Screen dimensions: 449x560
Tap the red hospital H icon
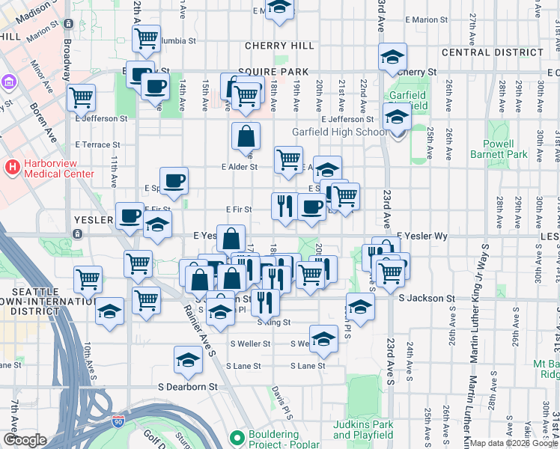point(12,168)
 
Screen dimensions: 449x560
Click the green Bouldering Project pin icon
point(237,437)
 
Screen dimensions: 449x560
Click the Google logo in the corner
point(25,440)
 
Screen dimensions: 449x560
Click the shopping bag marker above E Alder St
point(246,137)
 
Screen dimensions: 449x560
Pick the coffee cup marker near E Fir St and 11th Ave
point(130,216)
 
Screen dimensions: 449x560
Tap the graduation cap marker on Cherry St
point(392,57)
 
